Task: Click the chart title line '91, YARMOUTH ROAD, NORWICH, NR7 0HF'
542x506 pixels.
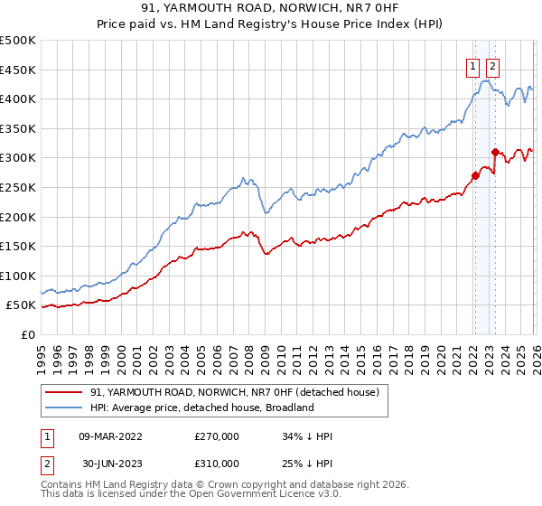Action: [270, 8]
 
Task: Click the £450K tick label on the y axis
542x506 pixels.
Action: [18, 70]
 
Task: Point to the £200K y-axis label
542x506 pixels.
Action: [18, 217]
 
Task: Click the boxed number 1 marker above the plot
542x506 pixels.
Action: [473, 65]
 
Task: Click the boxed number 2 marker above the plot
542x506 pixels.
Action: [492, 65]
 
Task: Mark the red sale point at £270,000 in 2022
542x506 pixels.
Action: [474, 175]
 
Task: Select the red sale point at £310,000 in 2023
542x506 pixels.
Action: [495, 152]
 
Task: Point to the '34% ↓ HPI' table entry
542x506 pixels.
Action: [307, 436]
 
